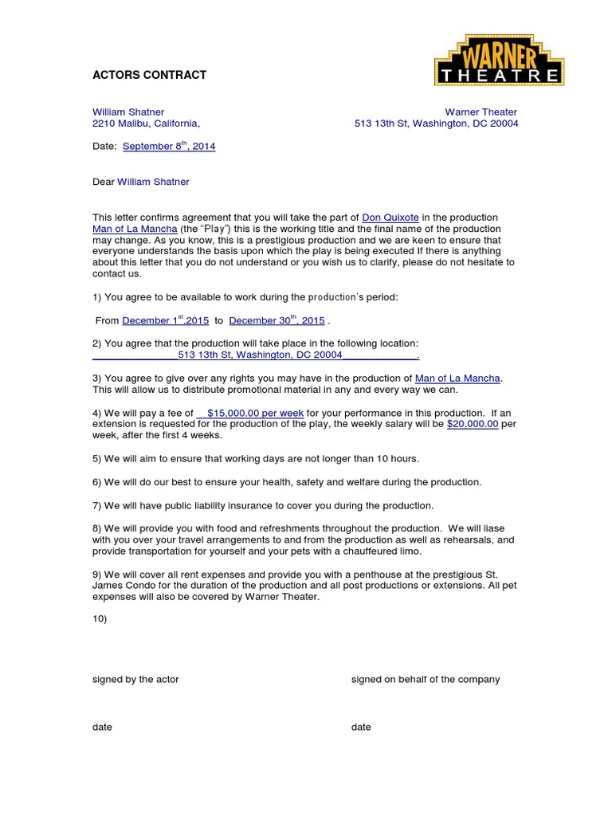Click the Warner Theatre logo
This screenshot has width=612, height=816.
[x=498, y=61]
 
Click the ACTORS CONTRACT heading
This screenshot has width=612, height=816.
[x=149, y=75]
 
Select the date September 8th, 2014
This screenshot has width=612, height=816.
[x=169, y=147]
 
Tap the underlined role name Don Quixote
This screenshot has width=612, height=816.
[x=390, y=218]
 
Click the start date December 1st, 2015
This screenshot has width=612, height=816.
[x=165, y=320]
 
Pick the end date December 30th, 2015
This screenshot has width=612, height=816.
[x=277, y=320]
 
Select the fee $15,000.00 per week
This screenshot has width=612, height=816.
[x=250, y=413]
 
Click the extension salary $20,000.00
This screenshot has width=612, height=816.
[x=473, y=424]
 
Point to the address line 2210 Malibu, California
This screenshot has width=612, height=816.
[x=146, y=124]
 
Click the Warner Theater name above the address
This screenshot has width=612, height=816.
[x=481, y=112]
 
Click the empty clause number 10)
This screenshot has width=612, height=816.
[x=100, y=618]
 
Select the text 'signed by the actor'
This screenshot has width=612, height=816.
[x=135, y=679]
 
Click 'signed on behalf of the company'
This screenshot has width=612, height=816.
[x=426, y=679]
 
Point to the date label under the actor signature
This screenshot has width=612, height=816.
[x=102, y=727]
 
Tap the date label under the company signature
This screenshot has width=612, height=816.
[x=361, y=727]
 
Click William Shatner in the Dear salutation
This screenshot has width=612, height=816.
[x=153, y=182]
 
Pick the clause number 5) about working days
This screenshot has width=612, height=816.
[x=97, y=459]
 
